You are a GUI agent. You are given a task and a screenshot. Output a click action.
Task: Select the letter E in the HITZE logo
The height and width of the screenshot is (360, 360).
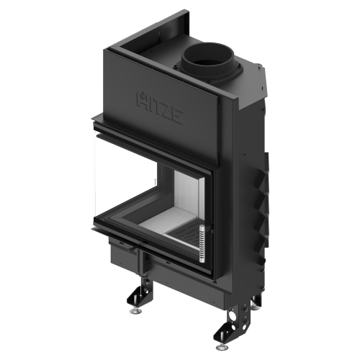178,117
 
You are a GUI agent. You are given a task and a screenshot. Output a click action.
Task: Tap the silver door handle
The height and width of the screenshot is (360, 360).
202,244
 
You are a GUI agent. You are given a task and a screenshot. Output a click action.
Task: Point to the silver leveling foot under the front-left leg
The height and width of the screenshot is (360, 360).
135,311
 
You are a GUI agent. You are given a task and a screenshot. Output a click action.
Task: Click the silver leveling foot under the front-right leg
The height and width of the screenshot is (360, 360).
222,347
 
